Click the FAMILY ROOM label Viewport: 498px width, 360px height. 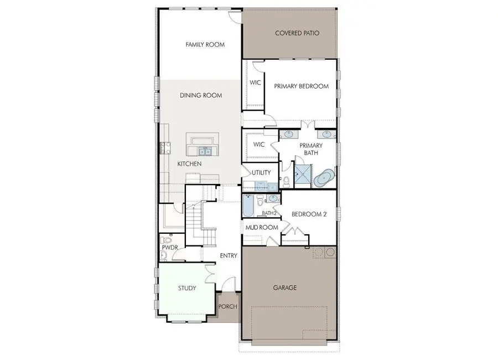pos(205,44)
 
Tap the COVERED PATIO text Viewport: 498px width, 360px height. pos(297,33)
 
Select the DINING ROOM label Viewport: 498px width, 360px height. pos(201,95)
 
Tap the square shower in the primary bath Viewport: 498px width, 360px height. pos(303,174)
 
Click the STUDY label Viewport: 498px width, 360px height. pos(187,288)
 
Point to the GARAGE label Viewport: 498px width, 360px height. pos(285,287)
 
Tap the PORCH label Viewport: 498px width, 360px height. pos(228,306)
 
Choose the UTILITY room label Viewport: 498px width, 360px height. pos(261,172)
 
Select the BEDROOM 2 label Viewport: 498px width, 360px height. pos(309,214)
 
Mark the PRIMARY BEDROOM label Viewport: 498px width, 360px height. pos(302,86)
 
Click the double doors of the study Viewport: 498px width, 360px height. pos(209,274)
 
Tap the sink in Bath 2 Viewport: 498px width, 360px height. pos(273,198)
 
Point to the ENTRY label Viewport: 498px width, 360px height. pos(228,255)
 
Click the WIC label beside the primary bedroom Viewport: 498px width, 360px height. pos(255,83)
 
